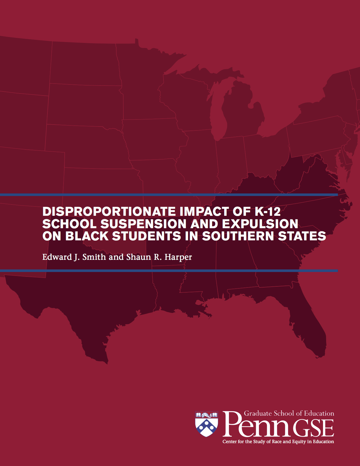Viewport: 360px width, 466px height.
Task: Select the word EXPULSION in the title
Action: point(260,224)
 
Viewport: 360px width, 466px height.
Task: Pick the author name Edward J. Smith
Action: point(74,257)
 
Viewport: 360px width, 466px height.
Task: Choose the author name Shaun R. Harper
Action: point(159,257)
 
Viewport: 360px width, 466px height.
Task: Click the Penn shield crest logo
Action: point(207,424)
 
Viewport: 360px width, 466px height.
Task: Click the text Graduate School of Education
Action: point(289,413)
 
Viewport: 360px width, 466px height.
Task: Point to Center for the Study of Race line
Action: point(278,441)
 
